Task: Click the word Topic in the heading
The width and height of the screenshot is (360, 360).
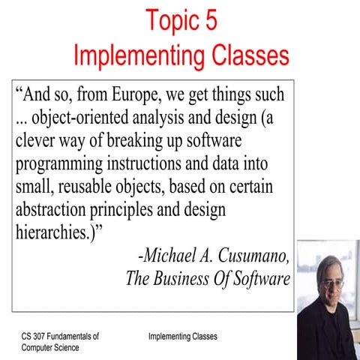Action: coord(172,20)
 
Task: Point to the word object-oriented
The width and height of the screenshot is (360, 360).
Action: coord(76,118)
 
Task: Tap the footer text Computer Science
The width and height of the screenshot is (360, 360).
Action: coord(51,348)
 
